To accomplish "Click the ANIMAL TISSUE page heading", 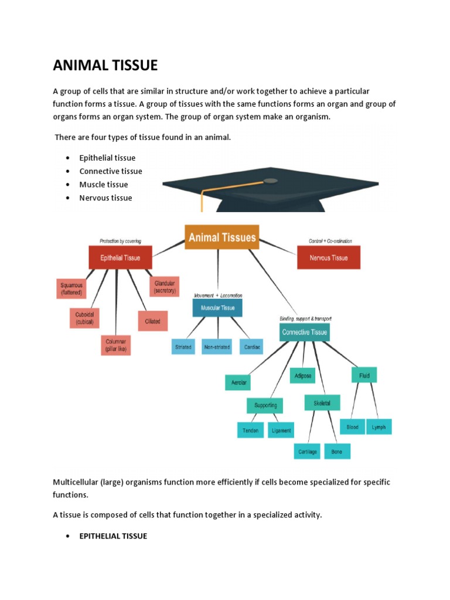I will tap(105, 65).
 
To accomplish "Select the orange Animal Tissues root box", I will tap(221, 238).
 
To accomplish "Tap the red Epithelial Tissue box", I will tap(121, 258).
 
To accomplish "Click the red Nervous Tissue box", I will tap(329, 258).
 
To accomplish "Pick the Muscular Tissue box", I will tap(217, 308).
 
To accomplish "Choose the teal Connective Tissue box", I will tap(305, 332).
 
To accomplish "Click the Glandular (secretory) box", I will tap(164, 287).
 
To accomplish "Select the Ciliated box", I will tap(152, 321).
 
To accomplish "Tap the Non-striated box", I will tap(217, 347).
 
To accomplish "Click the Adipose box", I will tap(303, 375).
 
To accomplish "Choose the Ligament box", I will tap(281, 430).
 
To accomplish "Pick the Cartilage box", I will tap(308, 451).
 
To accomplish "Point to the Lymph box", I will tap(379, 427).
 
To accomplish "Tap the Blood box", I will tap(352, 427).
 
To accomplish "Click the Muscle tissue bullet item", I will tap(104, 185).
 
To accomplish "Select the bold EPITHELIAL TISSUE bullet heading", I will tap(113, 536).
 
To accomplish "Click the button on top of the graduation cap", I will tap(271, 180).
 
